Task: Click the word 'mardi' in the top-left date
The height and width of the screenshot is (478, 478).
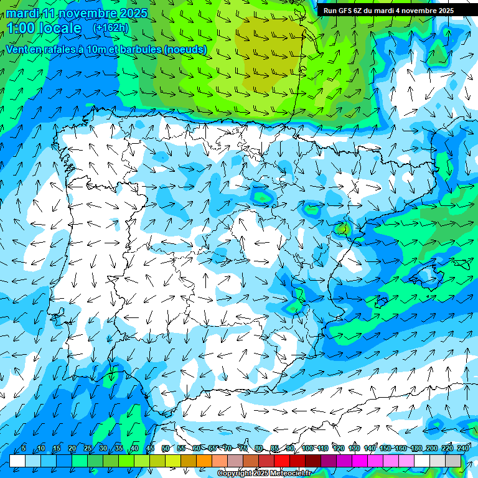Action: point(22,13)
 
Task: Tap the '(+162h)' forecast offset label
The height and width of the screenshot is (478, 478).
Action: point(110,28)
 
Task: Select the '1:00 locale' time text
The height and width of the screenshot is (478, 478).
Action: point(44,28)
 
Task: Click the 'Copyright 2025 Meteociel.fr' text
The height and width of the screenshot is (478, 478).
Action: point(264,474)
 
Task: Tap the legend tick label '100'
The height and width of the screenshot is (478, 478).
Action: point(308,449)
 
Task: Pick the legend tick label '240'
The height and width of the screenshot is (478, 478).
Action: point(463,449)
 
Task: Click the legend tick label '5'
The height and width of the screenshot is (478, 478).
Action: point(24,449)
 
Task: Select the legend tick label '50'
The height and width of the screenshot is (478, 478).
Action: point(166,449)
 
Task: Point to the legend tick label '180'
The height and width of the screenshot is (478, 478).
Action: point(416,449)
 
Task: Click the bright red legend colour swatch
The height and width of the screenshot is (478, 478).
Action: point(283,461)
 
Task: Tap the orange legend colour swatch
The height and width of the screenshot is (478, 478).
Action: point(204,461)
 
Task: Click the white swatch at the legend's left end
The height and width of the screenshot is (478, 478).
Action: point(17,461)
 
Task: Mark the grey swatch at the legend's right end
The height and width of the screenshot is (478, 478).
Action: point(454,461)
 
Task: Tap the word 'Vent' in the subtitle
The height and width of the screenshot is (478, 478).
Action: point(16,49)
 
